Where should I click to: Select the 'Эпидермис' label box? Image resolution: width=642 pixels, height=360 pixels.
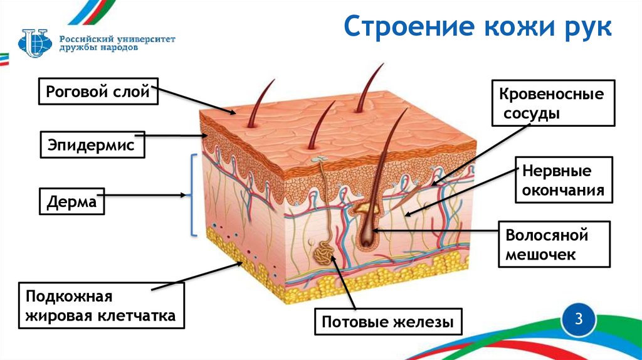tap(92, 145)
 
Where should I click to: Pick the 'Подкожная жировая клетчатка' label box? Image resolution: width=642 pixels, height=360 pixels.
tap(101, 305)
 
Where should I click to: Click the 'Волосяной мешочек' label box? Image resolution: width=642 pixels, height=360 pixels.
tap(547, 245)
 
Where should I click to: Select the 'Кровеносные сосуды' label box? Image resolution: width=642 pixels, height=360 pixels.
tap(551, 104)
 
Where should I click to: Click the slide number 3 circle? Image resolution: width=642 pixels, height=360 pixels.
tap(579, 319)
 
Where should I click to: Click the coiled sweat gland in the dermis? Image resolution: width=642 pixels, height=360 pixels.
tap(325, 252)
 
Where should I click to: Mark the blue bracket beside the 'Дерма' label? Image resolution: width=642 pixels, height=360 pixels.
tap(192, 195)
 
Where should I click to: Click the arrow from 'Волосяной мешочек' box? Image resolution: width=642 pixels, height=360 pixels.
tap(433, 231)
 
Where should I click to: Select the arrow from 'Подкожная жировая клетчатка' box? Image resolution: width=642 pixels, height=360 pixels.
tap(197, 277)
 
